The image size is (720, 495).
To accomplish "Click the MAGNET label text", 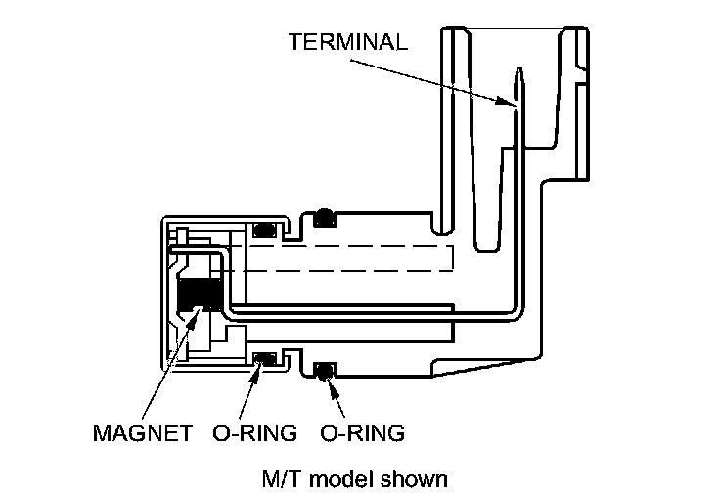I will [x=143, y=432].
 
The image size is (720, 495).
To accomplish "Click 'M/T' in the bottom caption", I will [x=281, y=479].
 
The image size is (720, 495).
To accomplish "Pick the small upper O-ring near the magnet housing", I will [x=263, y=231].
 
